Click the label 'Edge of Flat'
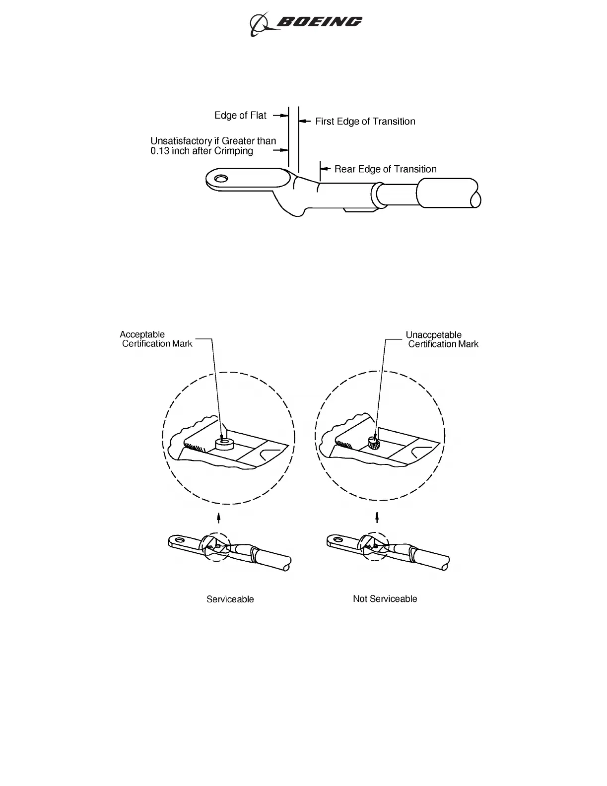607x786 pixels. (240, 116)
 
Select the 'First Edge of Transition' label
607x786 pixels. (365, 122)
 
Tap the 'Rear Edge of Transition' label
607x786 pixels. (385, 169)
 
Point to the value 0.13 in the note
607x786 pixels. (161, 151)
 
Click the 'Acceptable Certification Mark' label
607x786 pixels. (156, 339)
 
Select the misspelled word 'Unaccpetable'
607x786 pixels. (433, 335)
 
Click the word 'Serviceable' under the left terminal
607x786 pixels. (230, 599)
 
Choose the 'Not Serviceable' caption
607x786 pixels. (385, 599)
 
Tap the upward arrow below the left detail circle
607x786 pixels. (219, 518)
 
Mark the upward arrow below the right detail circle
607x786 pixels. (377, 518)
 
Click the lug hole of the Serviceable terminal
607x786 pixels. (180, 539)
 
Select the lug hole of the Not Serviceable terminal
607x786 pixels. (338, 539)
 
